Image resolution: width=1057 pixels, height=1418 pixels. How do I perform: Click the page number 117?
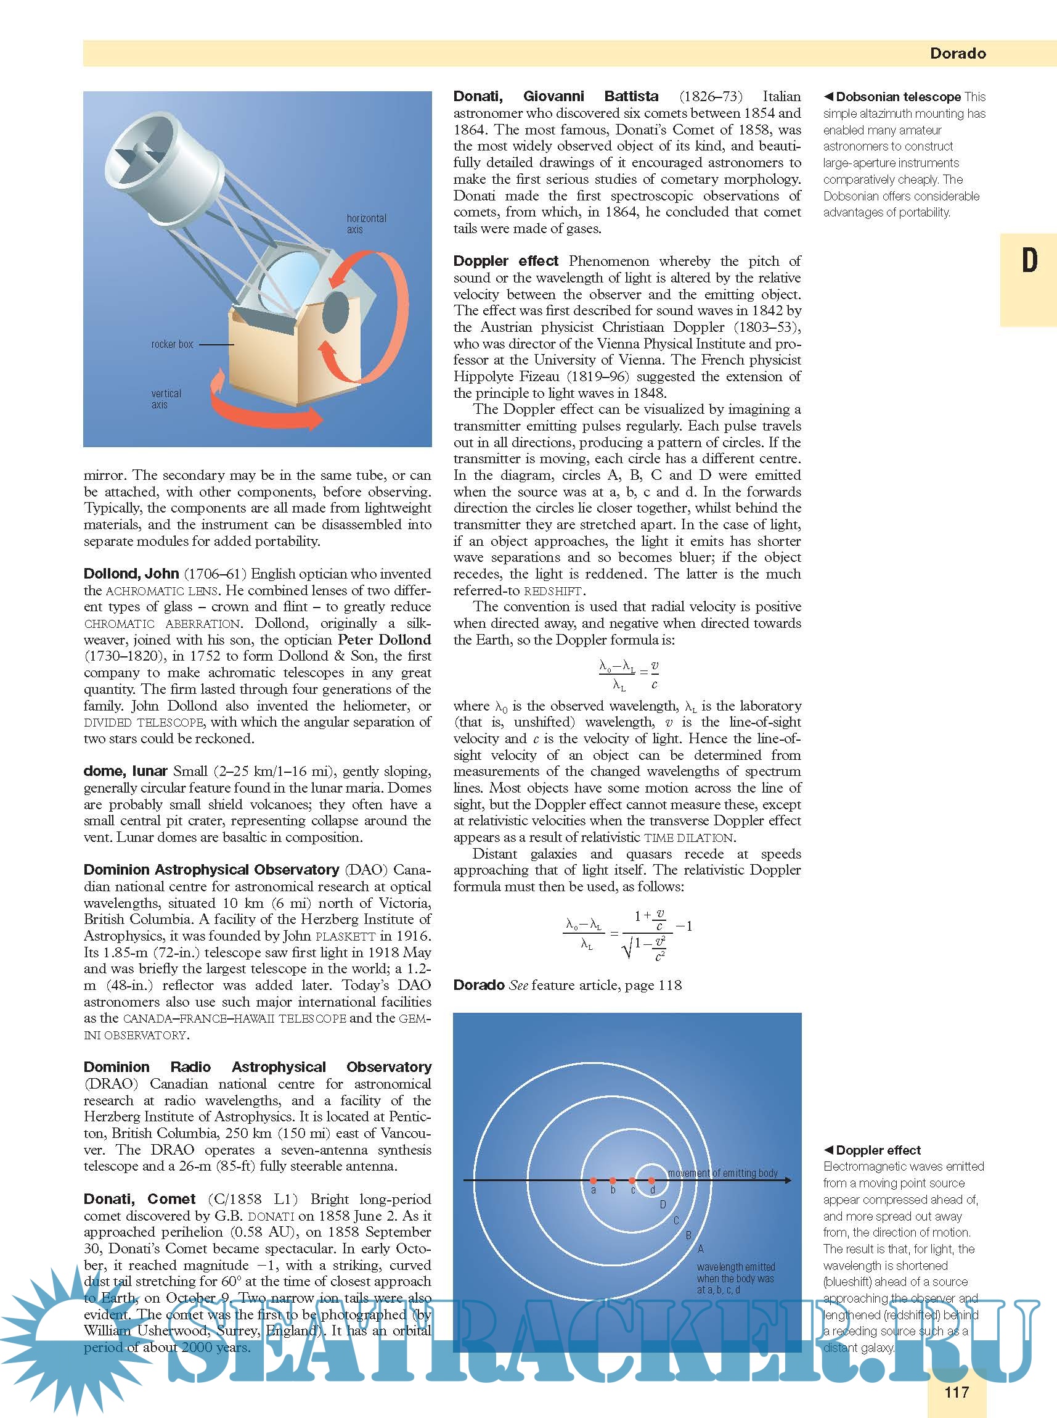pyautogui.click(x=956, y=1391)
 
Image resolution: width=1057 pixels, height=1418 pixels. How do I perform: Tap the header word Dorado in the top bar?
pyautogui.click(x=957, y=54)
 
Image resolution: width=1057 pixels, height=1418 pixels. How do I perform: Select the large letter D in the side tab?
pyautogui.click(x=1029, y=260)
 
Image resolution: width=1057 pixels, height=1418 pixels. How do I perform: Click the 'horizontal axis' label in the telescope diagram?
pyautogui.click(x=366, y=223)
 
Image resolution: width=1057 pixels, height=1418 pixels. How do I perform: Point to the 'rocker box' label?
pyautogui.click(x=172, y=344)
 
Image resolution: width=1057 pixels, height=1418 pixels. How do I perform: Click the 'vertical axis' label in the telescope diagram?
pyautogui.click(x=166, y=399)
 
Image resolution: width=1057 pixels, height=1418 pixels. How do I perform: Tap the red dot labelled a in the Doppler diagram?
pyautogui.click(x=593, y=1180)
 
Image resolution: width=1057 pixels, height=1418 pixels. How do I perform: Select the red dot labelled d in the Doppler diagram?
pyautogui.click(x=651, y=1180)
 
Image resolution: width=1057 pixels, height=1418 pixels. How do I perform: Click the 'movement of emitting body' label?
pyautogui.click(x=722, y=1173)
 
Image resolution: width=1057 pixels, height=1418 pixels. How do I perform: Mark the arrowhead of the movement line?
pyautogui.click(x=788, y=1180)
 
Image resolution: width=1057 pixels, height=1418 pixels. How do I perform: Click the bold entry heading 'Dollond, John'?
pyautogui.click(x=131, y=574)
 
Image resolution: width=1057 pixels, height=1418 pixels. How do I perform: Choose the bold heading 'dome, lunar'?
pyautogui.click(x=125, y=771)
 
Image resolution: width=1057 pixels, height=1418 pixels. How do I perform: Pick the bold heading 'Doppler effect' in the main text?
pyautogui.click(x=505, y=261)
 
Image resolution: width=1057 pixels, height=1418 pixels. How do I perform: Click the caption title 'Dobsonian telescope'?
pyautogui.click(x=898, y=97)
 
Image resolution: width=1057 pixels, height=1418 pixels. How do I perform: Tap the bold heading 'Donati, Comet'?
pyautogui.click(x=139, y=1198)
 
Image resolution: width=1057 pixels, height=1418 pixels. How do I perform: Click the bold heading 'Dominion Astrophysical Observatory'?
pyautogui.click(x=211, y=869)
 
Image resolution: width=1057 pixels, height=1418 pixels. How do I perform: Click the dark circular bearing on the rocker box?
pyautogui.click(x=335, y=311)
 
